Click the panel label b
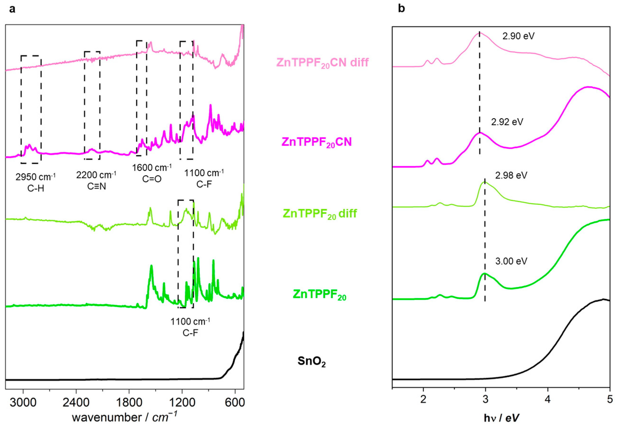(401, 9)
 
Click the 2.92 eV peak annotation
(507, 122)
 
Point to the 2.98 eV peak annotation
(511, 175)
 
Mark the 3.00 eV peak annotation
(511, 261)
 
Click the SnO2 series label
(312, 361)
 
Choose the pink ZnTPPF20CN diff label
(322, 63)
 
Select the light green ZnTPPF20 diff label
(320, 213)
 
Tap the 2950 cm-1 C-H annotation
(36, 182)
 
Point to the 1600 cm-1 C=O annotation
(152, 173)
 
